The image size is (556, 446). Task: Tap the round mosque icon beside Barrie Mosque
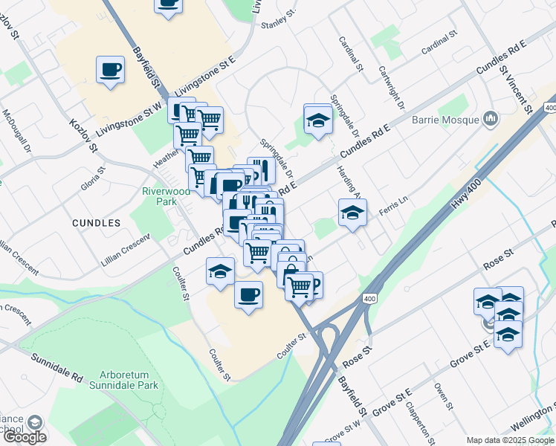[490, 117]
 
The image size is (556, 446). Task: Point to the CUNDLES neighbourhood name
[97, 222]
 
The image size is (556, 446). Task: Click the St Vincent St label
[517, 89]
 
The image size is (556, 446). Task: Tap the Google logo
[24, 436]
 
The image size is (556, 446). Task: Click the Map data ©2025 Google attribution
[510, 440]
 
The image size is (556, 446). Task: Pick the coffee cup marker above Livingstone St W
[110, 71]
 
